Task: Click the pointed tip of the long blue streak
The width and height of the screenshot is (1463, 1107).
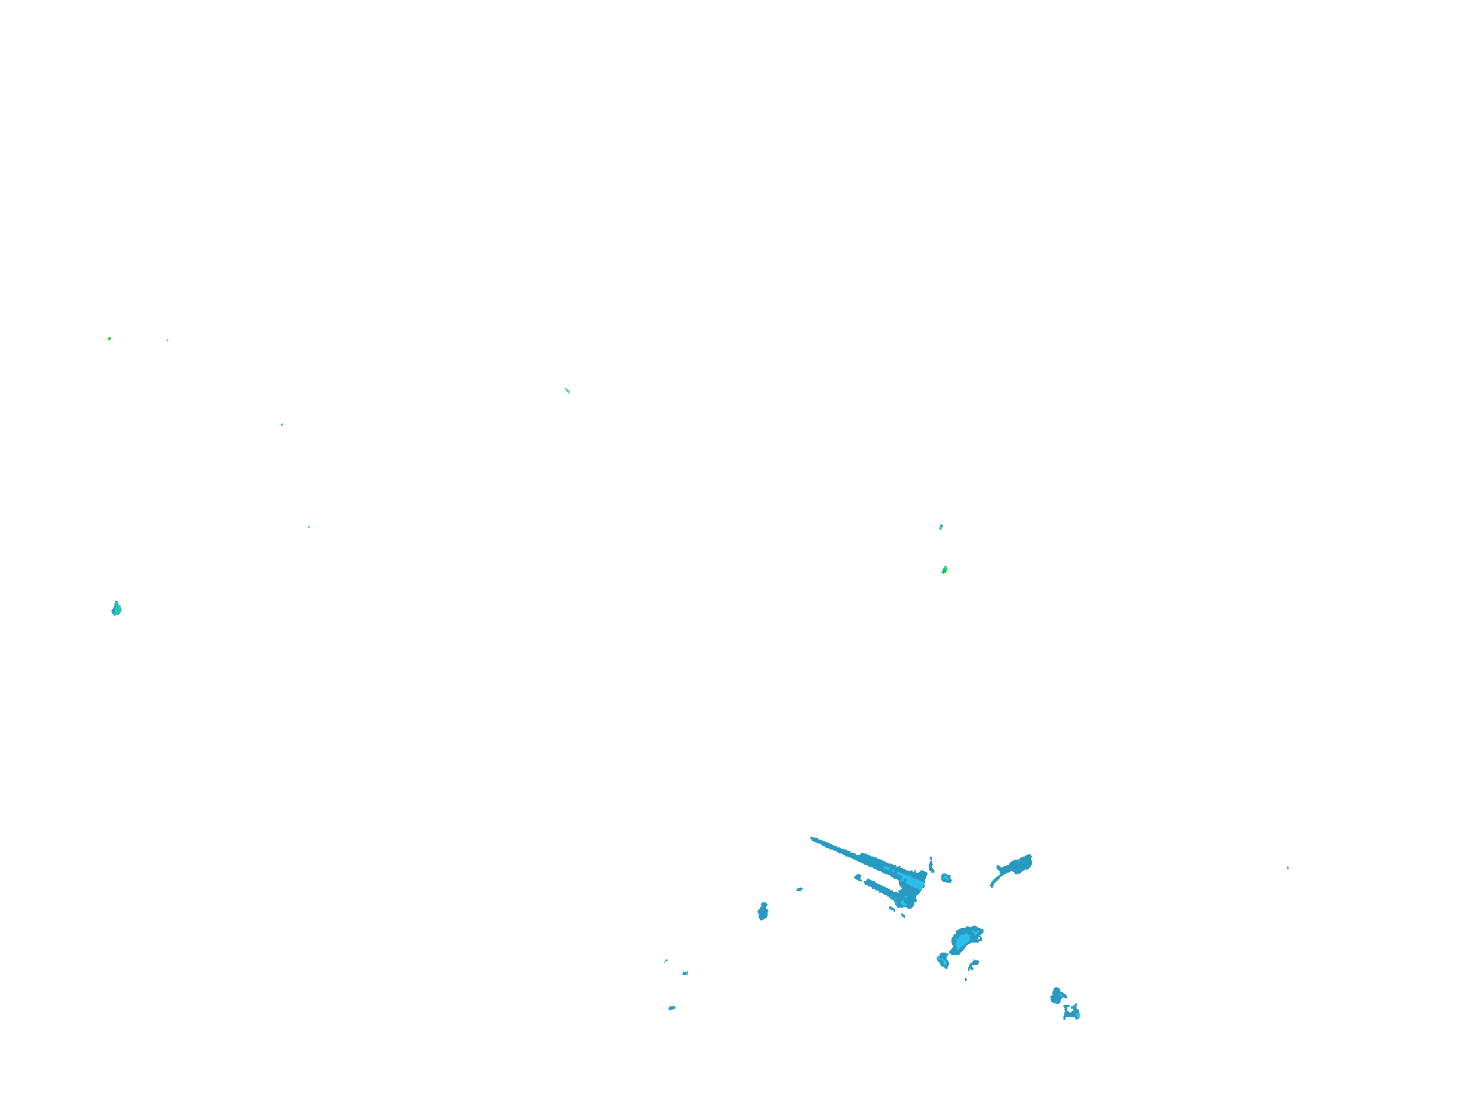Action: click(813, 839)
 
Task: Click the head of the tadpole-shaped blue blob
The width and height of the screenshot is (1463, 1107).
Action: click(1021, 864)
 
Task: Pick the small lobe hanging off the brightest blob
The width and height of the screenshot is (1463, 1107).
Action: click(943, 960)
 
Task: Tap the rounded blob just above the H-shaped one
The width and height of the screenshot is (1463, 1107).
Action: click(1057, 996)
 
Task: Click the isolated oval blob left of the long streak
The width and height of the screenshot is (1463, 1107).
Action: click(763, 911)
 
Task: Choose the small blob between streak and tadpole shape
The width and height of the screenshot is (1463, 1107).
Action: click(946, 877)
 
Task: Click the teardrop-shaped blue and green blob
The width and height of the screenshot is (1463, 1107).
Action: click(117, 609)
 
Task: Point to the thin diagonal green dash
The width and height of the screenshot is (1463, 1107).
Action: click(567, 390)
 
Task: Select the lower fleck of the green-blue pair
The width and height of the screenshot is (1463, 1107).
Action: click(944, 570)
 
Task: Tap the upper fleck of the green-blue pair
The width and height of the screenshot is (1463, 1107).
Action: click(940, 527)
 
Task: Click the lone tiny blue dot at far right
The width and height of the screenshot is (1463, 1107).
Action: click(1288, 868)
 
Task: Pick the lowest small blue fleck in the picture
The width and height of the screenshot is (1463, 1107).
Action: click(672, 1008)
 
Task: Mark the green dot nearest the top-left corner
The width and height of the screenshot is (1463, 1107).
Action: click(109, 338)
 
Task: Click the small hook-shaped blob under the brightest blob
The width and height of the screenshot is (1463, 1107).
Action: click(974, 963)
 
